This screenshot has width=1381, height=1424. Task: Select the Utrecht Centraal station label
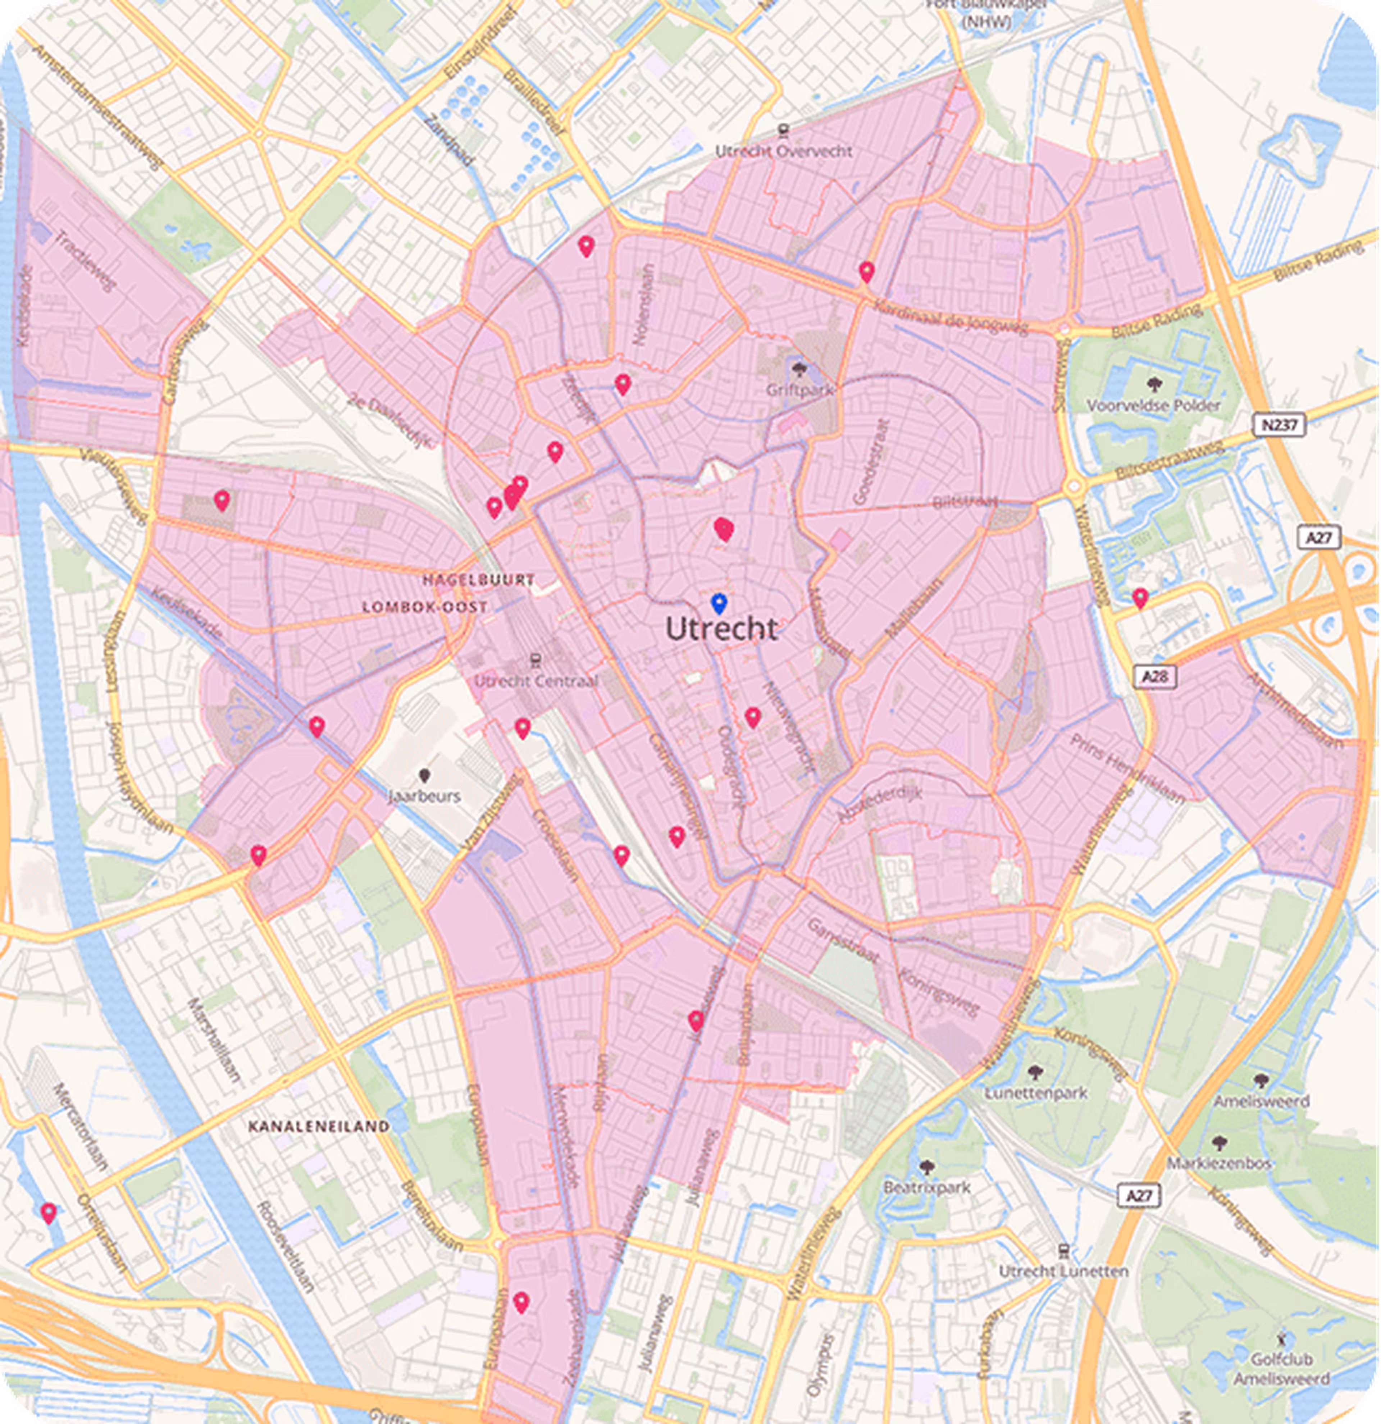tap(536, 681)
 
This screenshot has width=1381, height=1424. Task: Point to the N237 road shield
tap(1279, 424)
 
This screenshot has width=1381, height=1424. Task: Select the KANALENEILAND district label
tap(319, 1126)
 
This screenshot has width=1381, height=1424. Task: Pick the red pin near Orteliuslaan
tap(48, 1212)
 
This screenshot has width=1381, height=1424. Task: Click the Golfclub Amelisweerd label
tap(1281, 1369)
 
